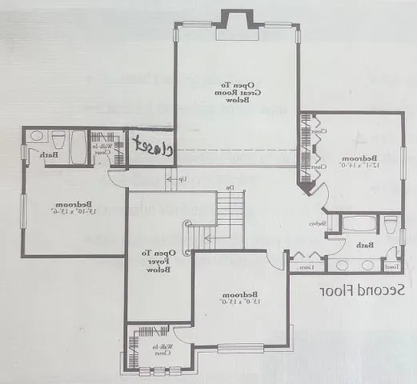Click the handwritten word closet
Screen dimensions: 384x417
[151, 146]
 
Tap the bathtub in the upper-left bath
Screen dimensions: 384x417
[78, 147]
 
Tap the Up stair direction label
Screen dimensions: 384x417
[182, 179]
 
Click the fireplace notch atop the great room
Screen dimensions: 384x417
[236, 19]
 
